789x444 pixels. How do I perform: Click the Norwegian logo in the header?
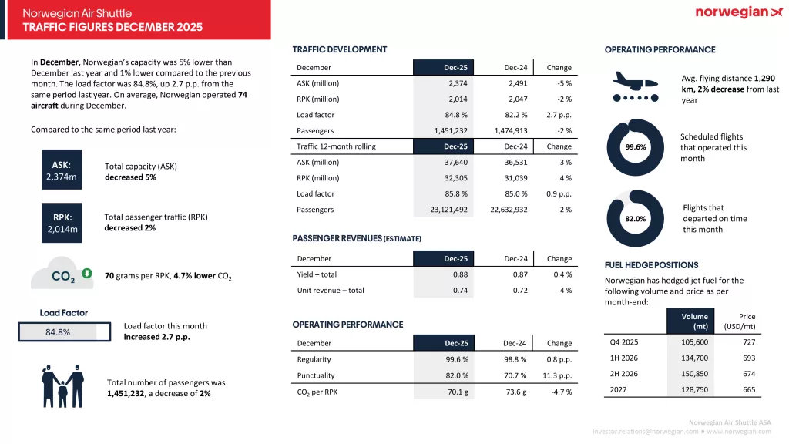point(738,12)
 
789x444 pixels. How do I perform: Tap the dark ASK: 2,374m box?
point(62,170)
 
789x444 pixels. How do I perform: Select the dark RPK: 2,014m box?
point(62,223)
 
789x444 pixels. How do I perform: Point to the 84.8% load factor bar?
point(58,332)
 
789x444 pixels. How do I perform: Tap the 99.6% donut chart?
point(636,146)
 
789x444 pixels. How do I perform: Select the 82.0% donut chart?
point(636,219)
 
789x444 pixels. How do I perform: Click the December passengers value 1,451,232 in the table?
point(447,130)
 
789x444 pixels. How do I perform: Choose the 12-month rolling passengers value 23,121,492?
point(442,210)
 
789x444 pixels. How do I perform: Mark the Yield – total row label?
point(317,274)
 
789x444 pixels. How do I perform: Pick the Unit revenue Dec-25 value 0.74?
point(460,291)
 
